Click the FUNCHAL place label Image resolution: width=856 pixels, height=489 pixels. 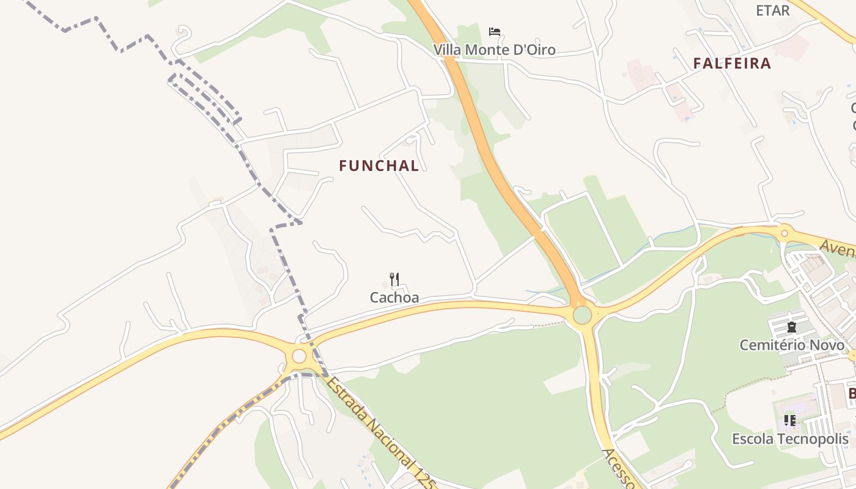click(379, 166)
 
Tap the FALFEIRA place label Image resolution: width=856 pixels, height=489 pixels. click(732, 64)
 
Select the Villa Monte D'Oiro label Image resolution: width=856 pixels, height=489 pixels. click(495, 50)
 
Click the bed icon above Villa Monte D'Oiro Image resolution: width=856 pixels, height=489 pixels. click(495, 32)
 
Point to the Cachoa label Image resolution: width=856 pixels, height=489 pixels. click(394, 298)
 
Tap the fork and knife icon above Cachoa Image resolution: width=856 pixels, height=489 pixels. click(394, 279)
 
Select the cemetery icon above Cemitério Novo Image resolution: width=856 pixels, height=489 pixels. click(792, 328)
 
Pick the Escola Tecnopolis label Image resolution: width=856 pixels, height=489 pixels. click(790, 439)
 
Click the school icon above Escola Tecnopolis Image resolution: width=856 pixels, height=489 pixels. click(790, 421)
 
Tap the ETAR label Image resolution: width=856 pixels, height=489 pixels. click(773, 10)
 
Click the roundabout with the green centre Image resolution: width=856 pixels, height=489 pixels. click(582, 315)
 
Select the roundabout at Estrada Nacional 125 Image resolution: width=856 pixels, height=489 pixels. click(299, 356)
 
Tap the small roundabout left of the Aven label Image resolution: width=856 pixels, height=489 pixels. click(784, 232)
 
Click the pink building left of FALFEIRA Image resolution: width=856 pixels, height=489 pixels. click(639, 75)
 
